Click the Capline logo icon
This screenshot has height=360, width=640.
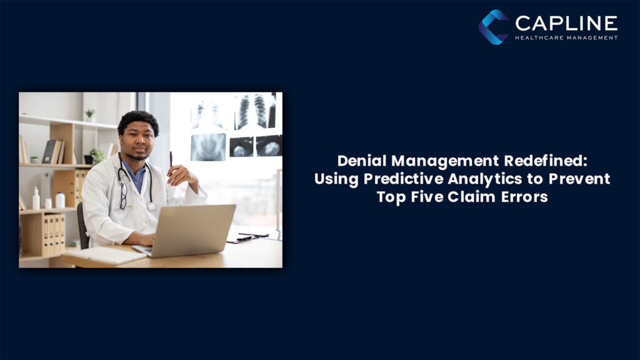[x=494, y=27]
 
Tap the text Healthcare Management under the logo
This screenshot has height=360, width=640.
[x=566, y=37]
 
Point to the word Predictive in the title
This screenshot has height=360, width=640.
[x=397, y=179]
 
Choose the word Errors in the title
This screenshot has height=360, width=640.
[x=524, y=197]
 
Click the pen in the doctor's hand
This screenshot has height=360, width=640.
[x=171, y=159]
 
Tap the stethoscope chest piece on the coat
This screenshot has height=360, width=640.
[x=151, y=206]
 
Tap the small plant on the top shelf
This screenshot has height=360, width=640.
[x=89, y=114]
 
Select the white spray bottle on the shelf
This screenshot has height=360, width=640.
[x=36, y=199]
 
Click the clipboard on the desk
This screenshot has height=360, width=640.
[x=247, y=237]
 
